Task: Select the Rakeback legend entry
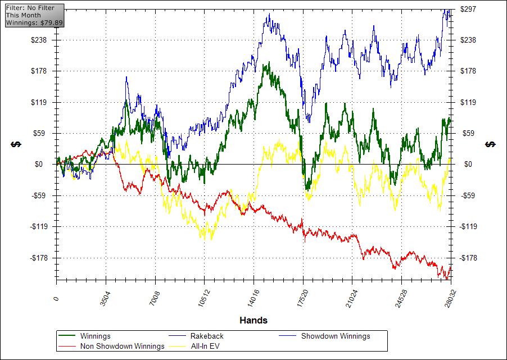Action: click(x=207, y=336)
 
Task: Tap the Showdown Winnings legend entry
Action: click(x=335, y=336)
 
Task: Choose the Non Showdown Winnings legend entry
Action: click(x=122, y=346)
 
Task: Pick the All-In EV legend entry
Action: click(x=205, y=346)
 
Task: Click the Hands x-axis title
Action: click(x=254, y=321)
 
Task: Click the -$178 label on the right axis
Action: click(x=468, y=258)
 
